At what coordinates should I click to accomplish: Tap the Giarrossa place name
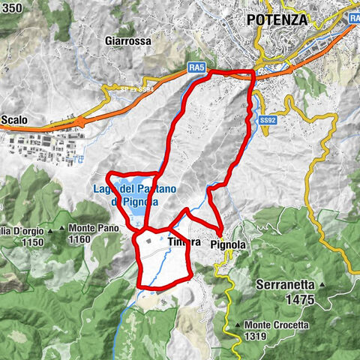pos(130,40)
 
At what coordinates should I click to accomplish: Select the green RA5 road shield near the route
pos(197,68)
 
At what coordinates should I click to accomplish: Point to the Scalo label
pos(15,118)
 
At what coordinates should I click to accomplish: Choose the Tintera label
pos(185,242)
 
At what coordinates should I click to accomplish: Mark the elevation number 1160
pos(78,240)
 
